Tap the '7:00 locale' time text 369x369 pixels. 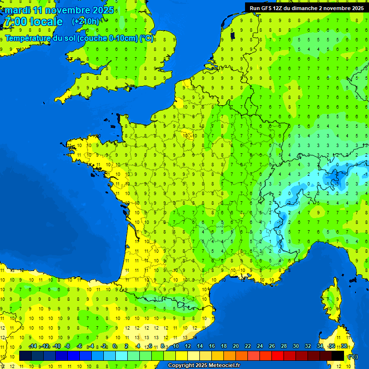pos(33,22)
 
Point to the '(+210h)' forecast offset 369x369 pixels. pos(86,22)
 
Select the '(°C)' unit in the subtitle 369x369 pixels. pos(146,38)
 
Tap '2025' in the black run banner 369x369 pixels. pos(355,8)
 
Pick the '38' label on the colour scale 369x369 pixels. pos(344,346)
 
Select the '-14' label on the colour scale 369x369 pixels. pos(33,346)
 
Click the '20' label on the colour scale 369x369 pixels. pos(236,346)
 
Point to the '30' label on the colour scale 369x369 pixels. pos(296,346)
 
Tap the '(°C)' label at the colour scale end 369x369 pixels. pos(353,356)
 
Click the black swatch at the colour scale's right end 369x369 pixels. pos(338,356)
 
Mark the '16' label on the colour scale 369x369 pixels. pos(212,346)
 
